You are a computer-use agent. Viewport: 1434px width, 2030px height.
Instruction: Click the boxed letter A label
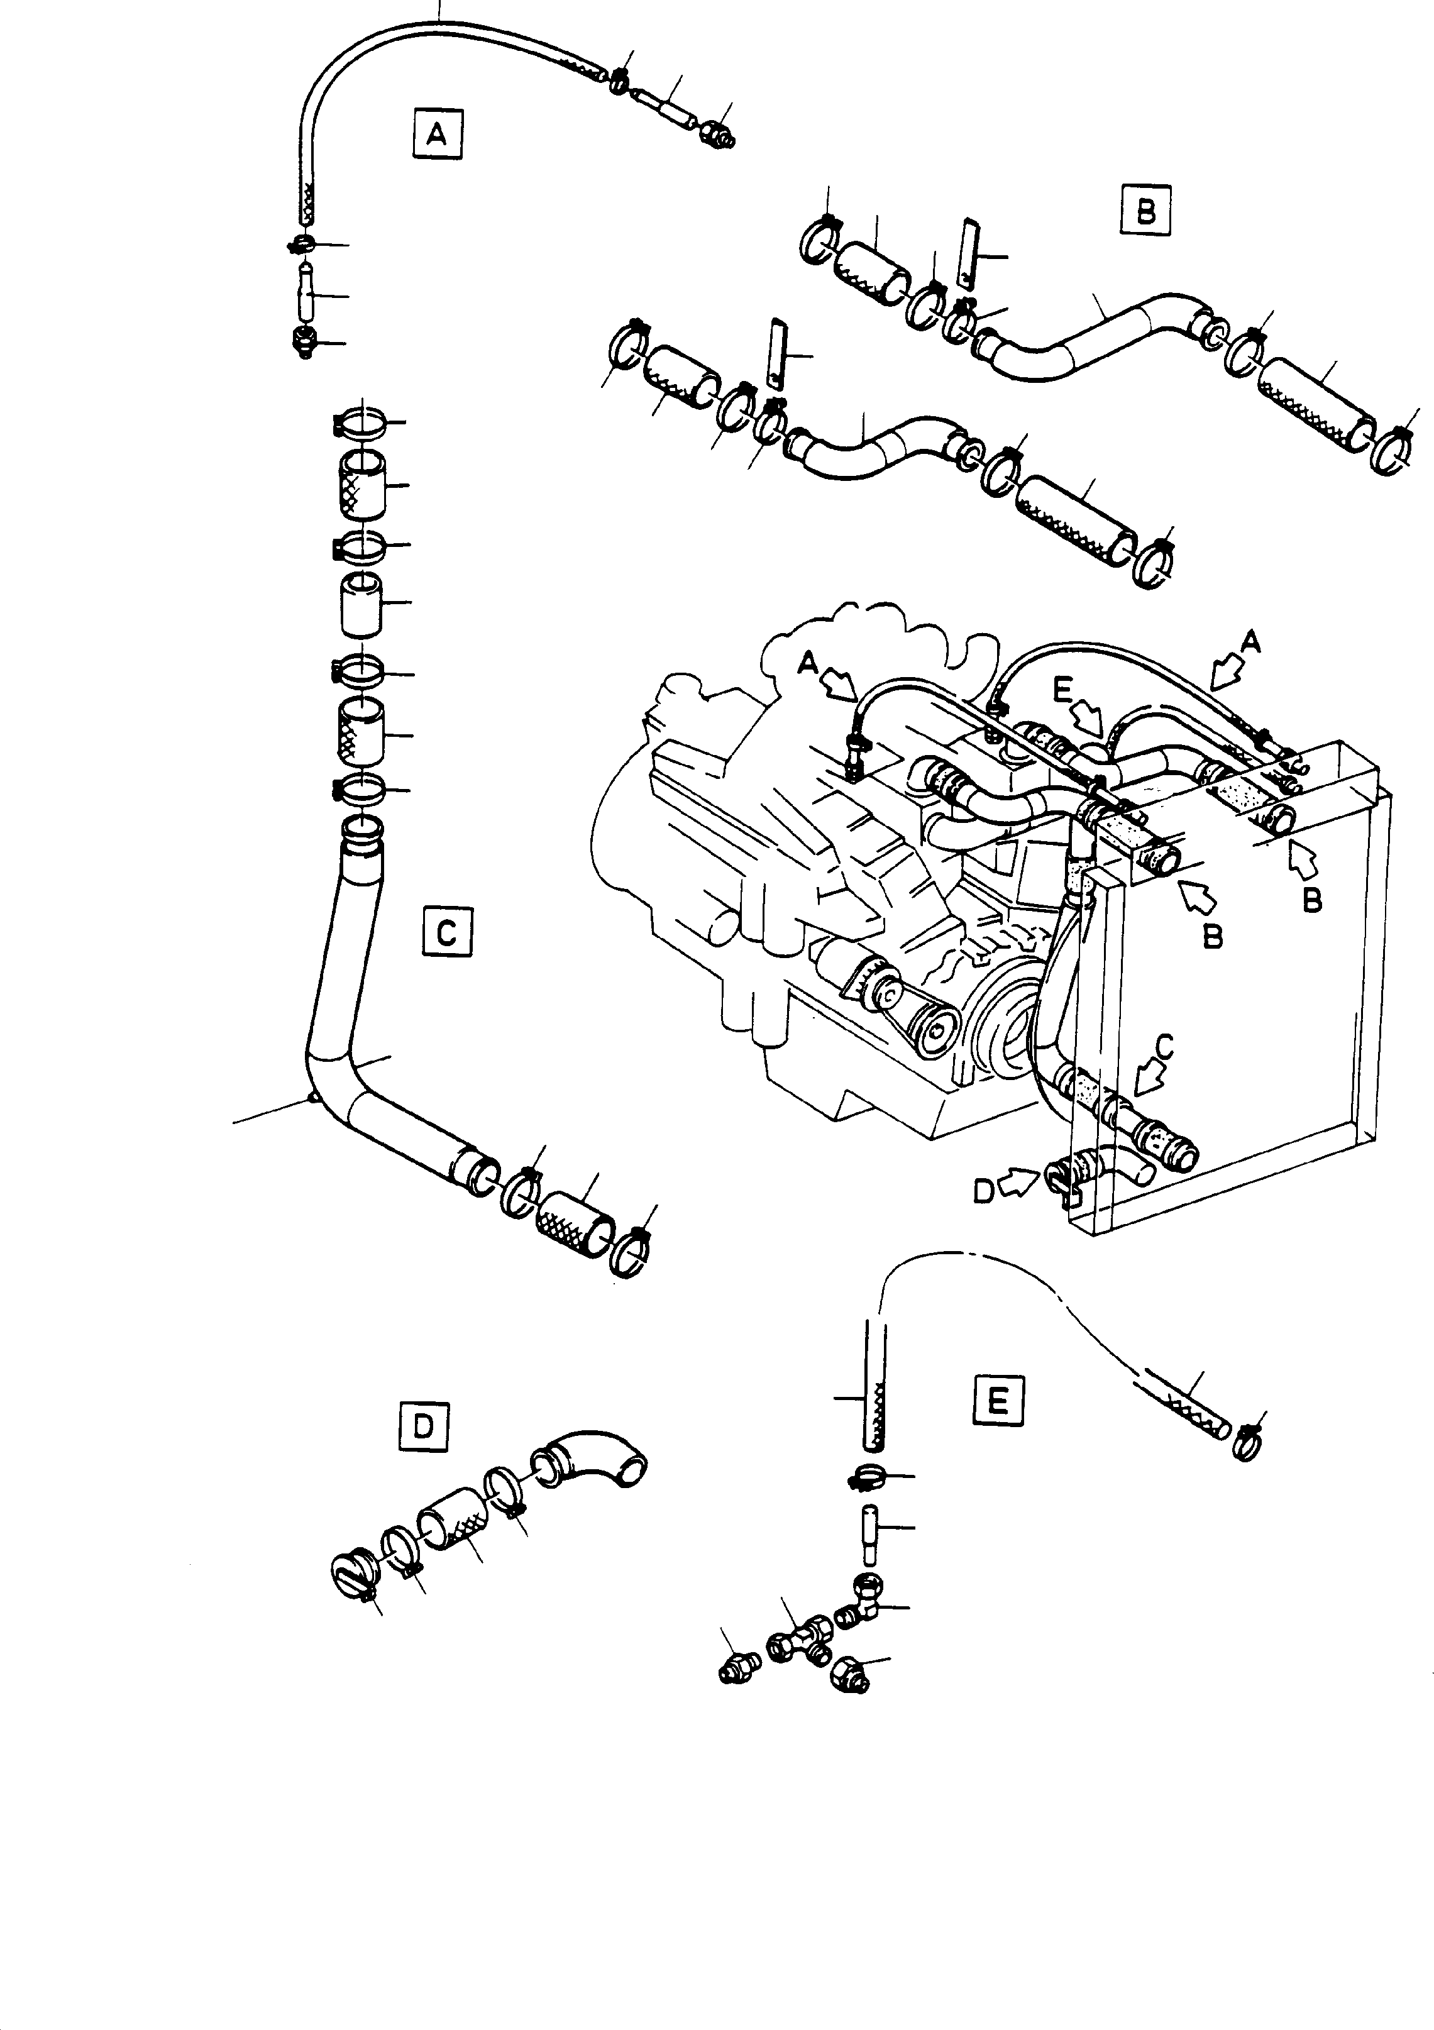(438, 135)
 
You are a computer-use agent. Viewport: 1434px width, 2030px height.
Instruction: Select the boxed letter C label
(448, 931)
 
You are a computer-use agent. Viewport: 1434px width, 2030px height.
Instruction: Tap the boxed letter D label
(424, 1426)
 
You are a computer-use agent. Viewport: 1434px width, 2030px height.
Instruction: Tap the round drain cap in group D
(352, 1575)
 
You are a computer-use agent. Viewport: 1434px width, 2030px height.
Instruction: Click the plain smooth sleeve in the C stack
(363, 605)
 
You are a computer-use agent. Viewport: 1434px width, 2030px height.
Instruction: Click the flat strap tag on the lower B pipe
(776, 353)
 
